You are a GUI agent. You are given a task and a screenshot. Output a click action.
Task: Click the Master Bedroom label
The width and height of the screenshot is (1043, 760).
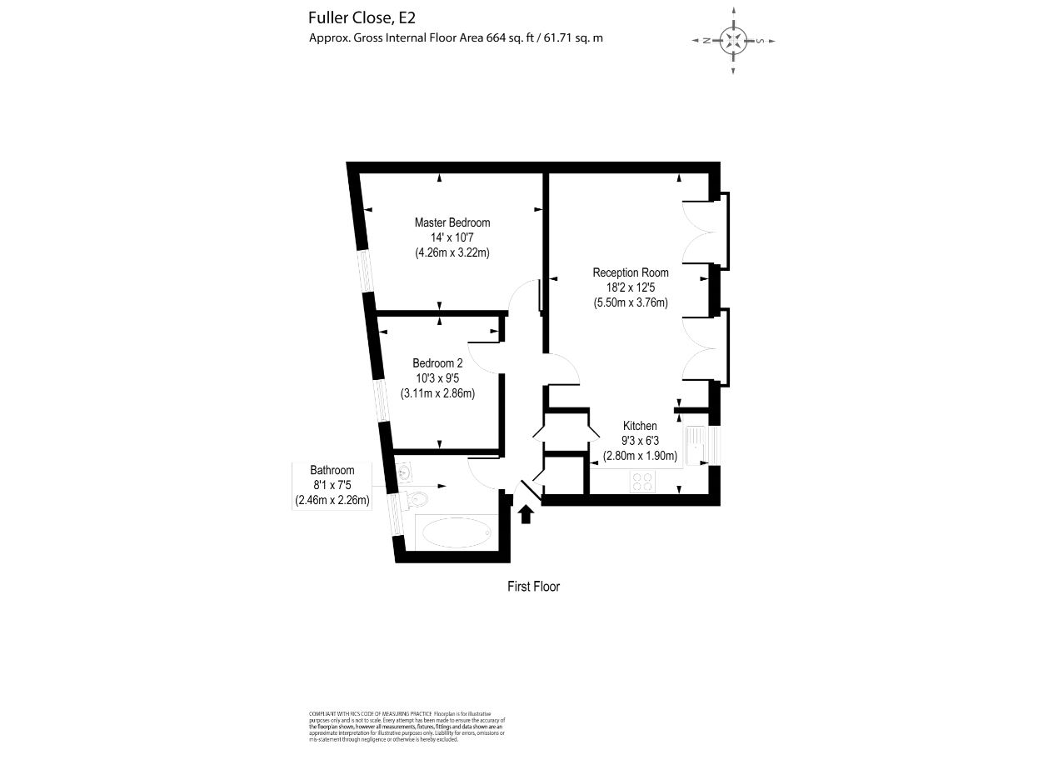pos(452,222)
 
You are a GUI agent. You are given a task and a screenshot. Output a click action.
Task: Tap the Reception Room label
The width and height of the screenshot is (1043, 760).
pos(630,272)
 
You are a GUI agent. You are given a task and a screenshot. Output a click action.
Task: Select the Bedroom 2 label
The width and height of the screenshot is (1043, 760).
pos(437,363)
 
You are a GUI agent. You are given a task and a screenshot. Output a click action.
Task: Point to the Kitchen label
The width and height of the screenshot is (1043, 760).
pos(640,426)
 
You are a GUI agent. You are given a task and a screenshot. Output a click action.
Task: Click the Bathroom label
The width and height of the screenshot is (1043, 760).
pos(332,470)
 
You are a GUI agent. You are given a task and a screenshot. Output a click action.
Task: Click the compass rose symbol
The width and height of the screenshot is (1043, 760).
pos(733,41)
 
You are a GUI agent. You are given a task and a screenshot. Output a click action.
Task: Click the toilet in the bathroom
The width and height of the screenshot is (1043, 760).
pos(417,500)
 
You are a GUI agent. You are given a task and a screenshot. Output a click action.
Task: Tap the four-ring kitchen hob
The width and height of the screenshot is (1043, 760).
pos(642,481)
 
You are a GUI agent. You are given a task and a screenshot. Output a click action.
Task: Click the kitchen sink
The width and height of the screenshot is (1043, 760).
pos(696,445)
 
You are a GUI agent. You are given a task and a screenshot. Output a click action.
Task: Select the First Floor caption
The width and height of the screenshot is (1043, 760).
pos(534,587)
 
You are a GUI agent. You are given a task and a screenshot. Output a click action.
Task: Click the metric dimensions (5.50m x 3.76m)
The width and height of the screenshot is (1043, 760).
pos(631,302)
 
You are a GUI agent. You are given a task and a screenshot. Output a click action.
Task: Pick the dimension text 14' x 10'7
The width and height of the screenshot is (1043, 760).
pos(452,237)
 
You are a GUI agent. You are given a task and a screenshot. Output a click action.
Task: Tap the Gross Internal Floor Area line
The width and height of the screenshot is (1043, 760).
pos(456,37)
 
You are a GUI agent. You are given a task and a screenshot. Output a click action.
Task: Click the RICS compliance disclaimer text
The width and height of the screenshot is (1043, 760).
pos(407,726)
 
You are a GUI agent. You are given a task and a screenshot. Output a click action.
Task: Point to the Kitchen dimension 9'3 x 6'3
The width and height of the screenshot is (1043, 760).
pos(640,441)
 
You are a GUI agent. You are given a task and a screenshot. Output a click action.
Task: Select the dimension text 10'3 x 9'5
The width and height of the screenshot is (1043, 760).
pos(437,378)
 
